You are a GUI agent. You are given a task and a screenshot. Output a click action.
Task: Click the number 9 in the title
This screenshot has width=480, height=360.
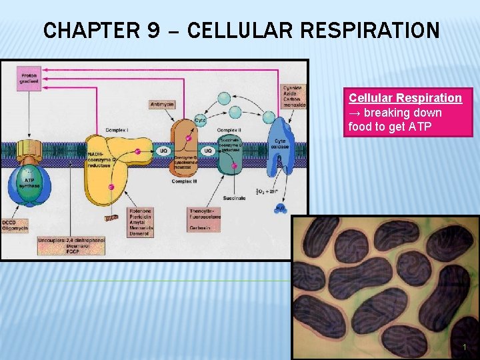pos(152,30)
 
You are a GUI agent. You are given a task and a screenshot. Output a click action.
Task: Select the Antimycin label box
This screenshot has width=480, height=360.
pos(163,104)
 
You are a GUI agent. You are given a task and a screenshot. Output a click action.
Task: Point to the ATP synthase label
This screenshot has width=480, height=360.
pos(29,183)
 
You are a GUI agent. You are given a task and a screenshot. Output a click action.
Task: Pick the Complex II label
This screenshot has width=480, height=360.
pos(229,129)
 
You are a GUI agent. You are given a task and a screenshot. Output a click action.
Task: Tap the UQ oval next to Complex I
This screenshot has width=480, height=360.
pos(163,151)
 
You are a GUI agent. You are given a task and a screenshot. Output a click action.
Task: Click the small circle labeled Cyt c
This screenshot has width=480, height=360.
pos(200,121)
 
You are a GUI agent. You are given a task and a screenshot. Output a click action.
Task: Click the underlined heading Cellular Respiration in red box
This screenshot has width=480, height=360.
pos(405,98)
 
